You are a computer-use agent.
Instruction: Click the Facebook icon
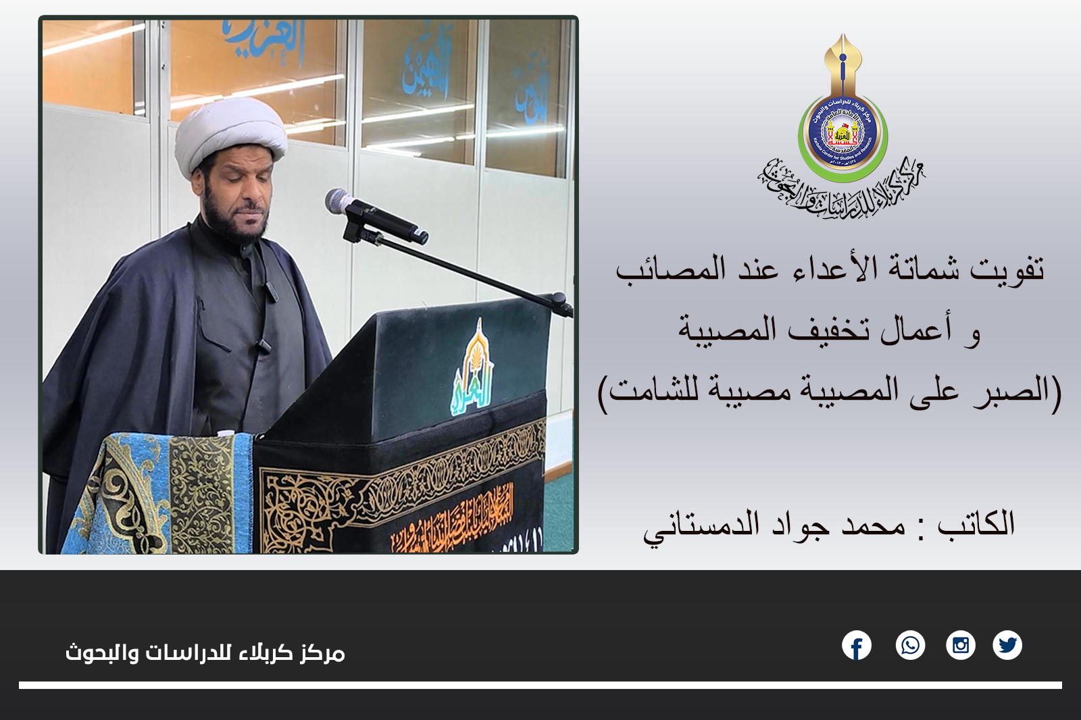857,646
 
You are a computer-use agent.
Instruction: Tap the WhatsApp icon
910,646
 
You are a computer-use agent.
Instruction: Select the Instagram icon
960,646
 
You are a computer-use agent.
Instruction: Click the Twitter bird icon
1007,646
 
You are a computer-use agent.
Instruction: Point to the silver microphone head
338,201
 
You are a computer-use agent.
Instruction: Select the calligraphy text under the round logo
841,189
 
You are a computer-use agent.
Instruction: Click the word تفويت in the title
1007,269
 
